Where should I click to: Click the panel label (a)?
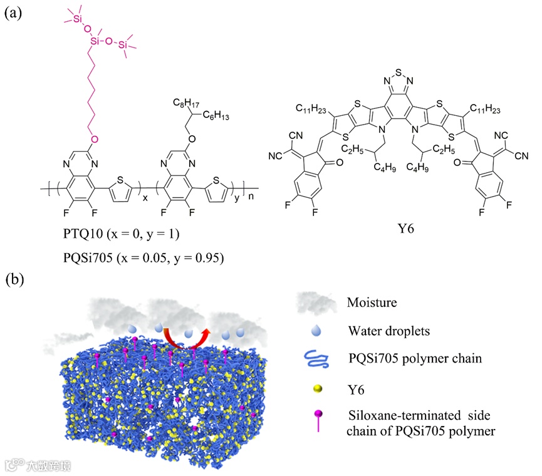[14, 13]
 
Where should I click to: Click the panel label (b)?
[14, 278]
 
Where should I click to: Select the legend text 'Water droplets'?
[383, 330]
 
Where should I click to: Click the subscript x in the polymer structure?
[146, 195]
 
